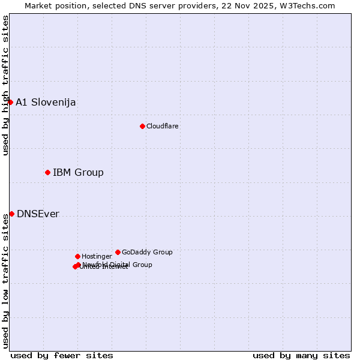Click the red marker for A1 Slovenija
pyautogui.click(x=10, y=102)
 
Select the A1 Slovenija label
pyautogui.click(x=46, y=102)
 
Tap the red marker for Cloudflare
pyautogui.click(x=142, y=126)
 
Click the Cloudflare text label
pyautogui.click(x=162, y=126)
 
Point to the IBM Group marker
pyautogui.click(x=47, y=172)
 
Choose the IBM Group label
pyautogui.click(x=78, y=173)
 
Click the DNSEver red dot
pyautogui.click(x=11, y=214)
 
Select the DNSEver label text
pyautogui.click(x=38, y=214)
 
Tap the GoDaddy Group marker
pyautogui.click(x=118, y=252)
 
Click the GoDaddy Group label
pyautogui.click(x=147, y=252)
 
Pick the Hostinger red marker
pyautogui.click(x=77, y=256)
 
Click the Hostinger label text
pyautogui.click(x=97, y=256)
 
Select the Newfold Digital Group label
pyautogui.click(x=118, y=264)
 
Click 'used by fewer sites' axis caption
pyautogui.click(x=62, y=355)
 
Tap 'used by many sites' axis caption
pyautogui.click(x=301, y=355)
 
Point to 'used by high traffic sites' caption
pyautogui.click(x=5, y=85)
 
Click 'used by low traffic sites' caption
pyautogui.click(x=5, y=281)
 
